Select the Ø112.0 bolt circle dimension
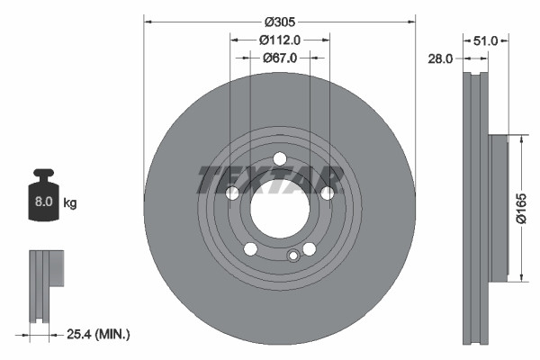(279, 39)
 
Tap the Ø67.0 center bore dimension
(279, 58)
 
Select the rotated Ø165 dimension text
(519, 208)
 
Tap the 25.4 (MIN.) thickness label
(99, 334)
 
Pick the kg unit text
(70, 203)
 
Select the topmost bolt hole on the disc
(279, 159)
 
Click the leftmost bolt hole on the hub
(232, 193)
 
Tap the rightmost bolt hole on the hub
(328, 193)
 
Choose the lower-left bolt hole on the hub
(251, 249)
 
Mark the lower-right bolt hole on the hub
(309, 249)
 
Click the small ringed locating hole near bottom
(292, 256)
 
